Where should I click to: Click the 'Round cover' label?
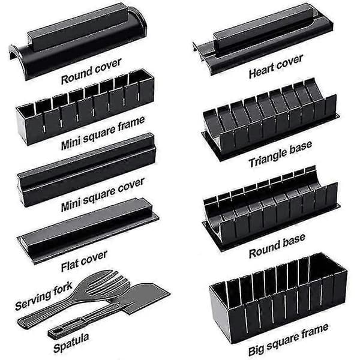(x=91, y=71)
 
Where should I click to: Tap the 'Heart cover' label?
(x=276, y=67)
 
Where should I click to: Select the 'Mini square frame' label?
(x=103, y=133)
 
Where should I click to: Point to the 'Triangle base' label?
(x=281, y=154)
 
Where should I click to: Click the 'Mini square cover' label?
(x=103, y=194)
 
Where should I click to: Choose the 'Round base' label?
(x=277, y=246)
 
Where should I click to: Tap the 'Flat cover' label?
(x=84, y=261)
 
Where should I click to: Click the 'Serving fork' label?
(x=44, y=296)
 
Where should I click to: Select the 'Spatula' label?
(x=71, y=343)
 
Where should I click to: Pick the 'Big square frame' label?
(x=289, y=340)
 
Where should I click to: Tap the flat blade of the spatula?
(x=145, y=298)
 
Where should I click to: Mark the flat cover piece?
(x=88, y=231)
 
